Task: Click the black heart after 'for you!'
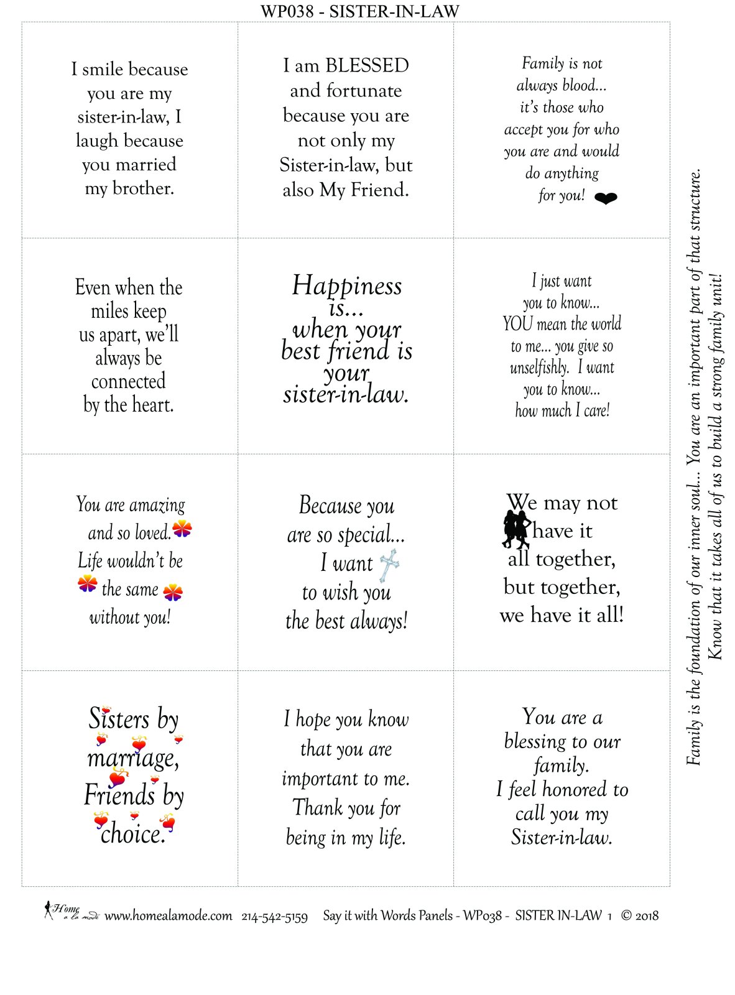[606, 198]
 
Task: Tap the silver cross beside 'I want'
[389, 565]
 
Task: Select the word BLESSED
[367, 65]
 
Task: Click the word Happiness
[347, 285]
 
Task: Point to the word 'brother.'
[143, 188]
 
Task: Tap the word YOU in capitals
[517, 324]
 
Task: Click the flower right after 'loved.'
[182, 529]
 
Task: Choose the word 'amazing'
[157, 505]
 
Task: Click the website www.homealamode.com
[168, 916]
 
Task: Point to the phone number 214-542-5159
[274, 917]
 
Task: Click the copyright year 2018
[647, 915]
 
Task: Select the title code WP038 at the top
[287, 11]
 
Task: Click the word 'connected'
[128, 381]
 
